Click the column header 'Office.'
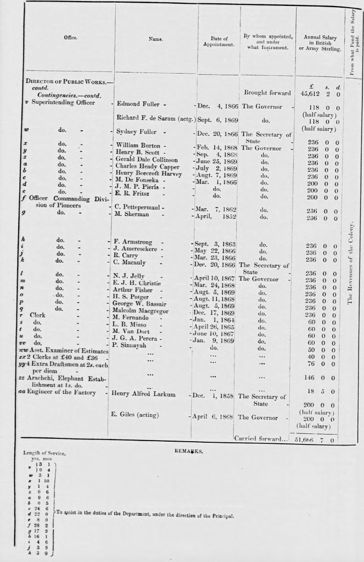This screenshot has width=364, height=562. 70,38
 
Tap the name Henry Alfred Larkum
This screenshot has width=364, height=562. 143,393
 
